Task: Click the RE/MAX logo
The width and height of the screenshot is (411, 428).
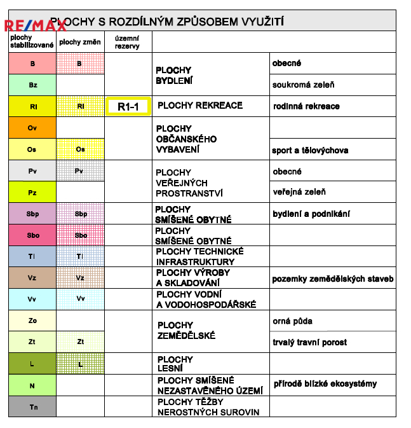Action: pyautogui.click(x=36, y=25)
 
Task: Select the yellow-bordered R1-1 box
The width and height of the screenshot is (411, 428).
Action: pyautogui.click(x=128, y=107)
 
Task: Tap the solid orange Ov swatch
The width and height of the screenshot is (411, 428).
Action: pyautogui.click(x=32, y=128)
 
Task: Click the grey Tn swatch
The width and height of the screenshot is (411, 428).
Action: pyautogui.click(x=32, y=406)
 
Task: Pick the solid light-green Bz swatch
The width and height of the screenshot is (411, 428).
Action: pyautogui.click(x=32, y=85)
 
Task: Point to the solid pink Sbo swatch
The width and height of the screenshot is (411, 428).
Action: pyautogui.click(x=32, y=235)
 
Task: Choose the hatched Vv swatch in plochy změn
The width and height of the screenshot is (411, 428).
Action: pyautogui.click(x=80, y=299)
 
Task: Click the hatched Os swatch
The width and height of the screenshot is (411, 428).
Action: pyautogui.click(x=80, y=149)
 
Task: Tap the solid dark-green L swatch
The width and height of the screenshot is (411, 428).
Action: pyautogui.click(x=32, y=364)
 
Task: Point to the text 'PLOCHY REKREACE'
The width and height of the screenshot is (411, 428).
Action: pyautogui.click(x=199, y=106)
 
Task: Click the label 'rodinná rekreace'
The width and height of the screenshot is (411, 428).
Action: pyautogui.click(x=306, y=106)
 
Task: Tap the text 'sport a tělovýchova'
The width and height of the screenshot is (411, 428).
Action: pyautogui.click(x=310, y=151)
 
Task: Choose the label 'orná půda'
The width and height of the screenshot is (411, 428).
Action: pyautogui.click(x=292, y=321)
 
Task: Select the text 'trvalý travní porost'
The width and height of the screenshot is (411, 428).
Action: pyautogui.click(x=310, y=342)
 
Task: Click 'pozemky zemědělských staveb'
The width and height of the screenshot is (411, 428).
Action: pyautogui.click(x=333, y=279)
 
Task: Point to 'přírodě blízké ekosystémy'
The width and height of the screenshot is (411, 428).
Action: pyautogui.click(x=325, y=383)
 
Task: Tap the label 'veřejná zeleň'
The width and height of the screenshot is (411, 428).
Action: pyautogui.click(x=299, y=192)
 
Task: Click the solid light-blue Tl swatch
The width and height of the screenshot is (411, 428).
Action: pyautogui.click(x=32, y=256)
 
